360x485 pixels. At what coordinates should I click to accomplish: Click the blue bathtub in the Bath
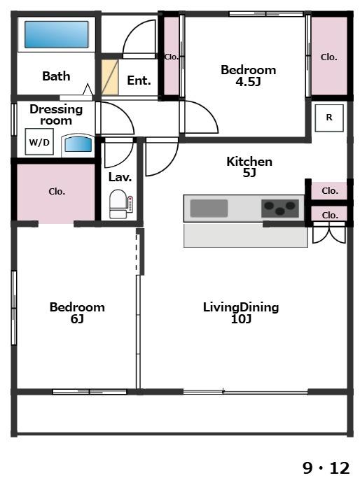[56, 34]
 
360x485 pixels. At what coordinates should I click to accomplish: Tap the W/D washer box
[39, 142]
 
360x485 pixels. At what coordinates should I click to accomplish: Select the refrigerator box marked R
[329, 118]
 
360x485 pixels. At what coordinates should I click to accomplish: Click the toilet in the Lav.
[118, 204]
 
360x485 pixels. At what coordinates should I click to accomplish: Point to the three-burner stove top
[280, 208]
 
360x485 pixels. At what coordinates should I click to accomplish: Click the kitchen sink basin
[209, 208]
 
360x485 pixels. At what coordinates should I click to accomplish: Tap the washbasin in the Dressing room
[78, 145]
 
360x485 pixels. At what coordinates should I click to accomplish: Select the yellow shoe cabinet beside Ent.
[110, 77]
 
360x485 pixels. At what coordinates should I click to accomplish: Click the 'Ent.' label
[139, 80]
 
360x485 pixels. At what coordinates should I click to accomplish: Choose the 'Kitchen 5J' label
[249, 167]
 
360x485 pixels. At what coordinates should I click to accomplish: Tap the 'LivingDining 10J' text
[241, 312]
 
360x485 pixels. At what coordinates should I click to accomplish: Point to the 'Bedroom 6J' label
[77, 312]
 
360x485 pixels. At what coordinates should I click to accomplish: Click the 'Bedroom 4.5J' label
[248, 75]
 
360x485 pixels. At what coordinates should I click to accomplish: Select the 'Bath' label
[56, 76]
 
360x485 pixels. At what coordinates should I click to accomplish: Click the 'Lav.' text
[120, 177]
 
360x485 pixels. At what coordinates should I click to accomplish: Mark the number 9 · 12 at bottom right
[326, 468]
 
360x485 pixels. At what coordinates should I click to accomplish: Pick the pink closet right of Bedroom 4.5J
[329, 56]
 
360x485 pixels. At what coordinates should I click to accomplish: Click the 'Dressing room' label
[56, 115]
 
